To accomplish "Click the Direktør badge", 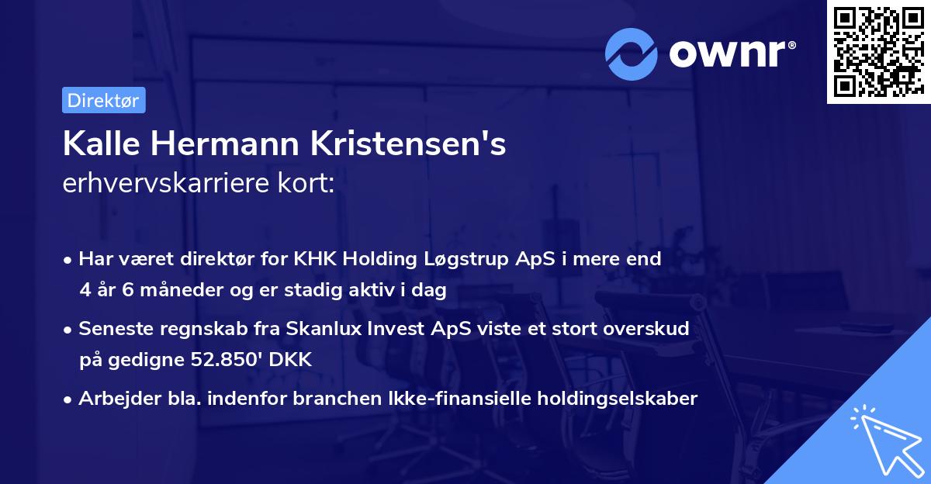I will coord(103,101).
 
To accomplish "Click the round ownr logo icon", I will coord(632,54).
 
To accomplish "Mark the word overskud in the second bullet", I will coord(651,329).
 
